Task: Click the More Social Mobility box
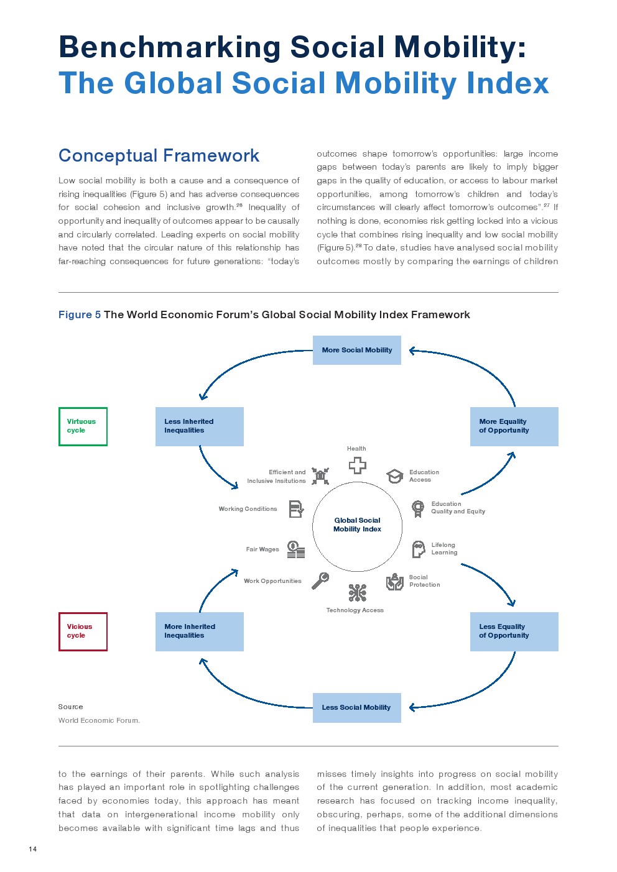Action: (357, 350)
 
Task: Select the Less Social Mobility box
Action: (357, 708)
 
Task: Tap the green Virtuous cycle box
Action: (83, 426)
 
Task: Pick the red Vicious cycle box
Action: (83, 631)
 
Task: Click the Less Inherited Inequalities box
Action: (200, 426)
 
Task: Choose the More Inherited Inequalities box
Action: (200, 631)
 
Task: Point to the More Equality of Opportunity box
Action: (514, 426)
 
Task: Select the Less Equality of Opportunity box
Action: (514, 631)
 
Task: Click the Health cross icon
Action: (357, 465)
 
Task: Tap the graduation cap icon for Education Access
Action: (394, 475)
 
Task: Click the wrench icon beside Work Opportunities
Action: (320, 581)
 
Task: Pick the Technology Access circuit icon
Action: (357, 592)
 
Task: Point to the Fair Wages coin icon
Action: (296, 549)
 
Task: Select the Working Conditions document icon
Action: (296, 509)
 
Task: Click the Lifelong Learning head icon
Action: (419, 549)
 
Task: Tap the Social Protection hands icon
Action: (394, 582)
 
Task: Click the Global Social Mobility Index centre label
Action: (357, 525)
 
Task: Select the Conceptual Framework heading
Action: (159, 156)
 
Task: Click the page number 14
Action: (33, 849)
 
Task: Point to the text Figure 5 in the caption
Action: (80, 314)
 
